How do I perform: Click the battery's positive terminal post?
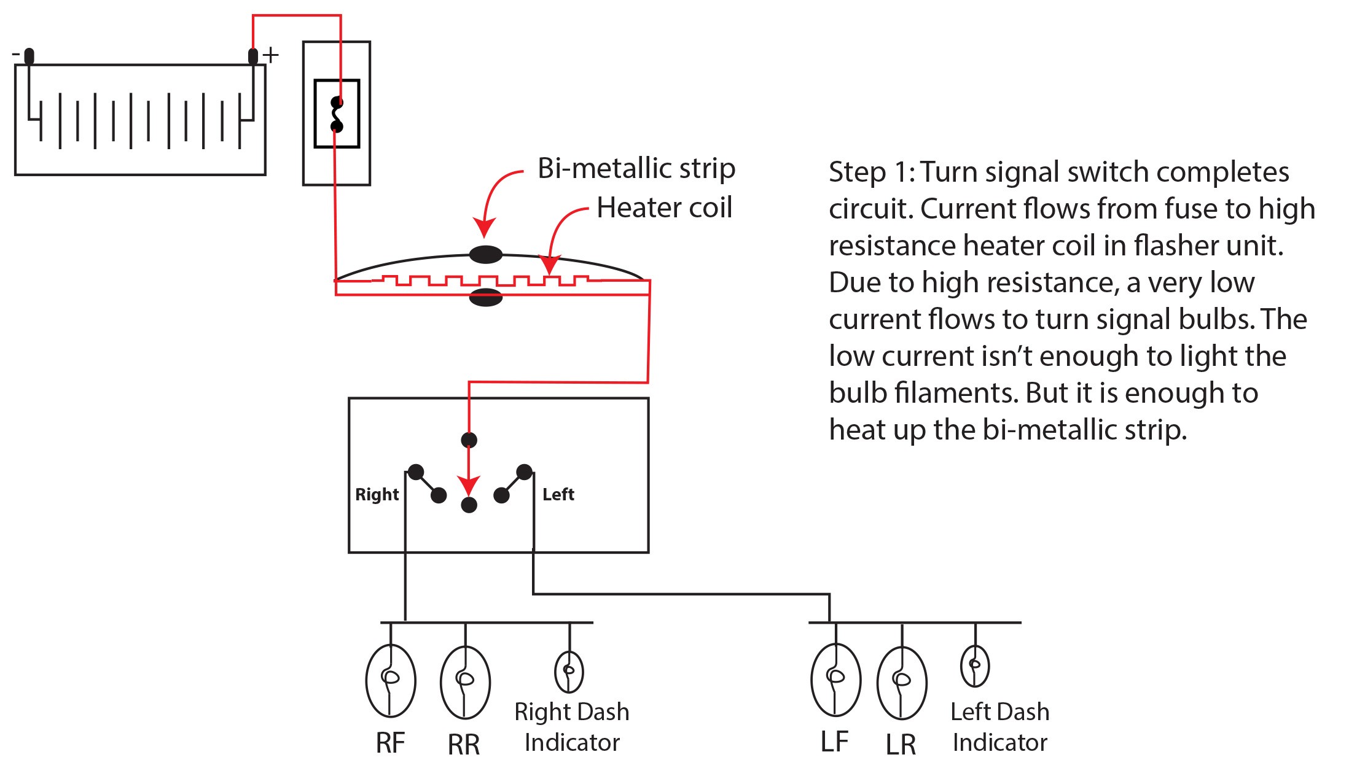(x=252, y=56)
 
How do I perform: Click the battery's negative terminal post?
(x=29, y=56)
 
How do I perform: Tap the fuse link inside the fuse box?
(x=337, y=114)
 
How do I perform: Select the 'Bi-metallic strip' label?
(x=636, y=168)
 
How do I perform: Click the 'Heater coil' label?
(x=664, y=208)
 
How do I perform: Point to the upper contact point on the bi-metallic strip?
(x=486, y=254)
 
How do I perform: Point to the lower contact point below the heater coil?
(x=486, y=298)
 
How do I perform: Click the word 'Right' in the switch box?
(x=377, y=495)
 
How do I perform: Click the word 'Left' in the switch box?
(x=558, y=494)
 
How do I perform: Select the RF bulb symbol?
(x=391, y=680)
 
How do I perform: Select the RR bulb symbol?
(x=465, y=682)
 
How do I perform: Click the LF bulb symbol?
(x=835, y=680)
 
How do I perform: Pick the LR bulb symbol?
(x=901, y=683)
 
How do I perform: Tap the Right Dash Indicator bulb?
(x=569, y=672)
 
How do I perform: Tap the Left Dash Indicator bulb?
(x=975, y=666)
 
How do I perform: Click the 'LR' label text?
(x=901, y=745)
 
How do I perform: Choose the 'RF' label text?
(x=390, y=743)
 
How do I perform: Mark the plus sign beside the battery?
(x=271, y=55)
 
